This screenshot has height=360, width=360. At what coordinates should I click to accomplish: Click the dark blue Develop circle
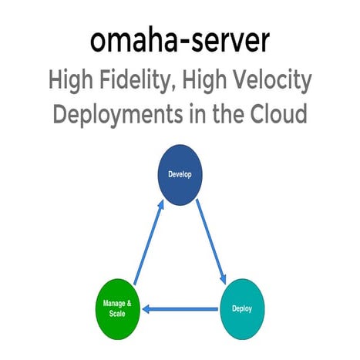pyautogui.click(x=180, y=174)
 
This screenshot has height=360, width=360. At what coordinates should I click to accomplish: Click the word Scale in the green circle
pyautogui.click(x=117, y=315)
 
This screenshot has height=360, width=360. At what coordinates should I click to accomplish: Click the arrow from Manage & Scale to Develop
pyautogui.click(x=149, y=242)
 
